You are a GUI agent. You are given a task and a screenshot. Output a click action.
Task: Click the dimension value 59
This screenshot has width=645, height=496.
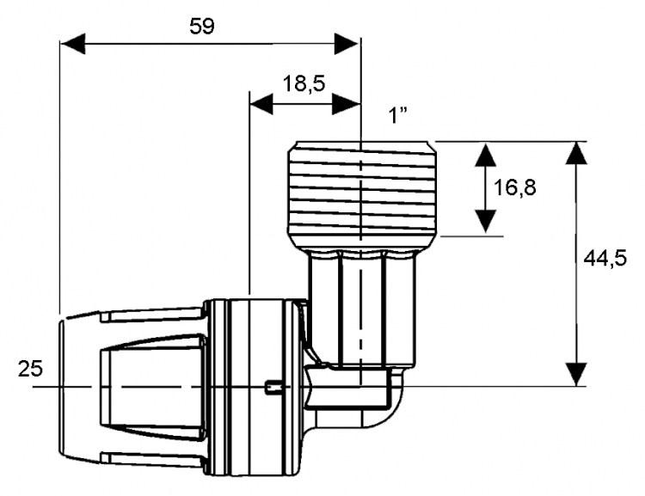[x=202, y=27]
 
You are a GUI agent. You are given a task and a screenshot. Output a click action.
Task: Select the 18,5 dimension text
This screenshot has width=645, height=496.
[x=304, y=84]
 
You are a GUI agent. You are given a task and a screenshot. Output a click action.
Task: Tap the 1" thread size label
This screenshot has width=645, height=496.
[x=398, y=115]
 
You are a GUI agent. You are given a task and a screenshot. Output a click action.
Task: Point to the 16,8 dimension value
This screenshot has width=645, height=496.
[x=514, y=188]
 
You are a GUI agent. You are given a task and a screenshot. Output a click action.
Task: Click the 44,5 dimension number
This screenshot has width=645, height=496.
[x=605, y=258]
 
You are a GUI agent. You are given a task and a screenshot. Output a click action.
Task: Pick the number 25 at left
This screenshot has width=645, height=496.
[x=30, y=369]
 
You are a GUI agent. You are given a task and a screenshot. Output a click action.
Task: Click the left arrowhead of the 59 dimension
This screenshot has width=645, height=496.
[x=73, y=44]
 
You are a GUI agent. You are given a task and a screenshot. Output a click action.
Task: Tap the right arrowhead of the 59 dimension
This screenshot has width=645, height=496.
[x=347, y=44]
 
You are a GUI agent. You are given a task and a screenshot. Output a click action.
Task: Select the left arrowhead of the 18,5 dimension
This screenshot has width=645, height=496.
[x=261, y=104]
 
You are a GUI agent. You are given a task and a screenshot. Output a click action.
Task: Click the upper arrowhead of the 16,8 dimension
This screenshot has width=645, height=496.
[x=485, y=155]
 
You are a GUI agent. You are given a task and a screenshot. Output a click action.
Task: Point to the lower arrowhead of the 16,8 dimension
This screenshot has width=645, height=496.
[x=485, y=222]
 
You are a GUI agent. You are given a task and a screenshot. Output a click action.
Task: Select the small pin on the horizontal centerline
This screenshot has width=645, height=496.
[x=273, y=387]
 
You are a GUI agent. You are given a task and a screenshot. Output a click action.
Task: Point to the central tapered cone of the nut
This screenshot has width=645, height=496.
[x=153, y=386]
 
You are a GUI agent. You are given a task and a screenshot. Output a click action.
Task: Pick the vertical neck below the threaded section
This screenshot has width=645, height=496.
[x=360, y=308]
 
